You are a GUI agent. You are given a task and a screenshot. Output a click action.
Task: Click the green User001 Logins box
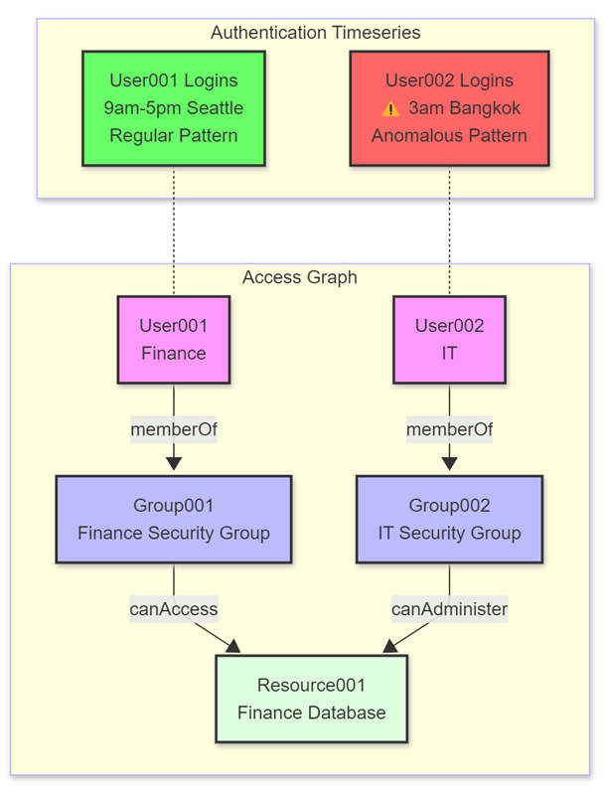tap(174, 107)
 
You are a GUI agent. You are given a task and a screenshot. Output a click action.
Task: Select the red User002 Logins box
tap(449, 107)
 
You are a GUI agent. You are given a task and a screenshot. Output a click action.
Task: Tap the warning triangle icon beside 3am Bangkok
tap(390, 108)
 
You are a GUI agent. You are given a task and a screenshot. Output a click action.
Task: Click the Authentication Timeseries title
tap(315, 33)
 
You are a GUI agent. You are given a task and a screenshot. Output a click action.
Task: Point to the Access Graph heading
tap(299, 277)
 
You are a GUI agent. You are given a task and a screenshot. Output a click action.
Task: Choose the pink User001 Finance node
tap(174, 339)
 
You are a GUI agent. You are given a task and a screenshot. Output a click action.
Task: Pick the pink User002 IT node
tap(449, 339)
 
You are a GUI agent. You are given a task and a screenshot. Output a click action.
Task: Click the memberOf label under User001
tap(174, 430)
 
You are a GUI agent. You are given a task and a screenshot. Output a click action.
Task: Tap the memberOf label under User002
tap(449, 430)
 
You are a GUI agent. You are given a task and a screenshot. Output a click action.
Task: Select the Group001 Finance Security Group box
tap(174, 519)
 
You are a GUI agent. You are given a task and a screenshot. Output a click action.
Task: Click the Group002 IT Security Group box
tap(449, 519)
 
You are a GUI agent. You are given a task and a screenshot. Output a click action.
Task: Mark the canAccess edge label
tap(174, 608)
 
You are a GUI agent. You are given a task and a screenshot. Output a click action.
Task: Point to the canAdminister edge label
tap(449, 608)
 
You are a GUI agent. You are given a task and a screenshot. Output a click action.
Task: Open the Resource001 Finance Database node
tap(311, 698)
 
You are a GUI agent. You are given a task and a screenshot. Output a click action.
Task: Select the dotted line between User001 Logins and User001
tap(174, 229)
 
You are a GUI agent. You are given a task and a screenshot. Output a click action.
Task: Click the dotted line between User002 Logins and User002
tap(449, 229)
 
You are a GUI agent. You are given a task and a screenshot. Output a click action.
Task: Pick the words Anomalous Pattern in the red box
tap(449, 135)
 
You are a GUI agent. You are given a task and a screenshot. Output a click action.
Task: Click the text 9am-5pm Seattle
tap(174, 107)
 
